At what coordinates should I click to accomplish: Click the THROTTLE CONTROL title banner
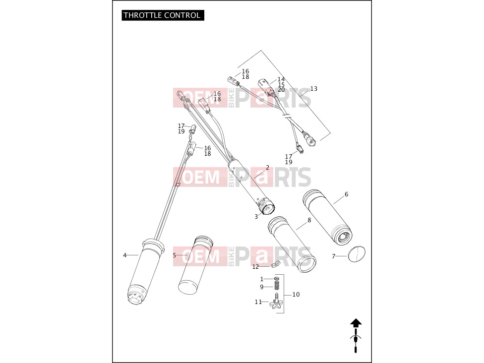163,15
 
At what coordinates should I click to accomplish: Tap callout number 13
313,89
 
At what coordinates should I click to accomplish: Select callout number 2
267,167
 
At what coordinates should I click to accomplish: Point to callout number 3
256,217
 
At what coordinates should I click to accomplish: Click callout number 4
124,255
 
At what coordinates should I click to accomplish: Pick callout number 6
346,194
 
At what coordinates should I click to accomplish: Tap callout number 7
333,256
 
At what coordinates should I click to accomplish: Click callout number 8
309,220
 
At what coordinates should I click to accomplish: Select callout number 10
296,295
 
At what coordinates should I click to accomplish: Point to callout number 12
255,267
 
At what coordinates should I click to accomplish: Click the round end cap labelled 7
357,254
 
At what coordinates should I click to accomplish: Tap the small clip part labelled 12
275,264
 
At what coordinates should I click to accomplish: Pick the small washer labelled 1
277,279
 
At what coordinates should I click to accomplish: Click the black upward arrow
356,323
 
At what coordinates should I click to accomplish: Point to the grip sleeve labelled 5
195,265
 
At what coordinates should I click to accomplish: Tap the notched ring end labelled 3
266,206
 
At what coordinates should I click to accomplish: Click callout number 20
281,90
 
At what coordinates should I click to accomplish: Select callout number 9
262,287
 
